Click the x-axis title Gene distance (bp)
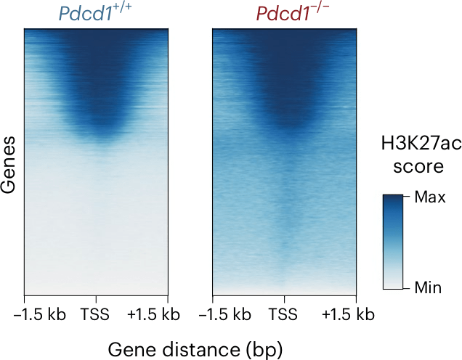click(x=195, y=349)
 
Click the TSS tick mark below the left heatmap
click(x=96, y=298)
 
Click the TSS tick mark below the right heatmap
click(x=285, y=298)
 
